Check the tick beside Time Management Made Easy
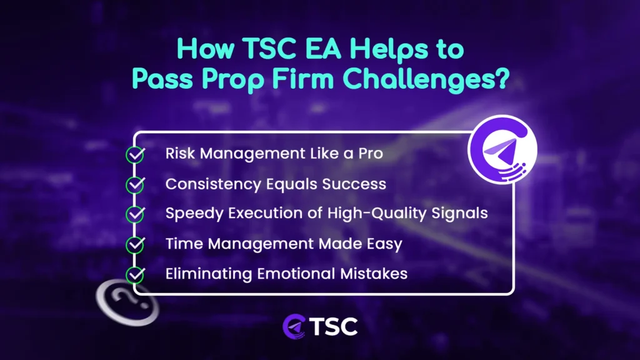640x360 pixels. (135, 244)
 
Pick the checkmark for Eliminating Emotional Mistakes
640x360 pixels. (135, 274)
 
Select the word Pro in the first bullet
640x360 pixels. (369, 154)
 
